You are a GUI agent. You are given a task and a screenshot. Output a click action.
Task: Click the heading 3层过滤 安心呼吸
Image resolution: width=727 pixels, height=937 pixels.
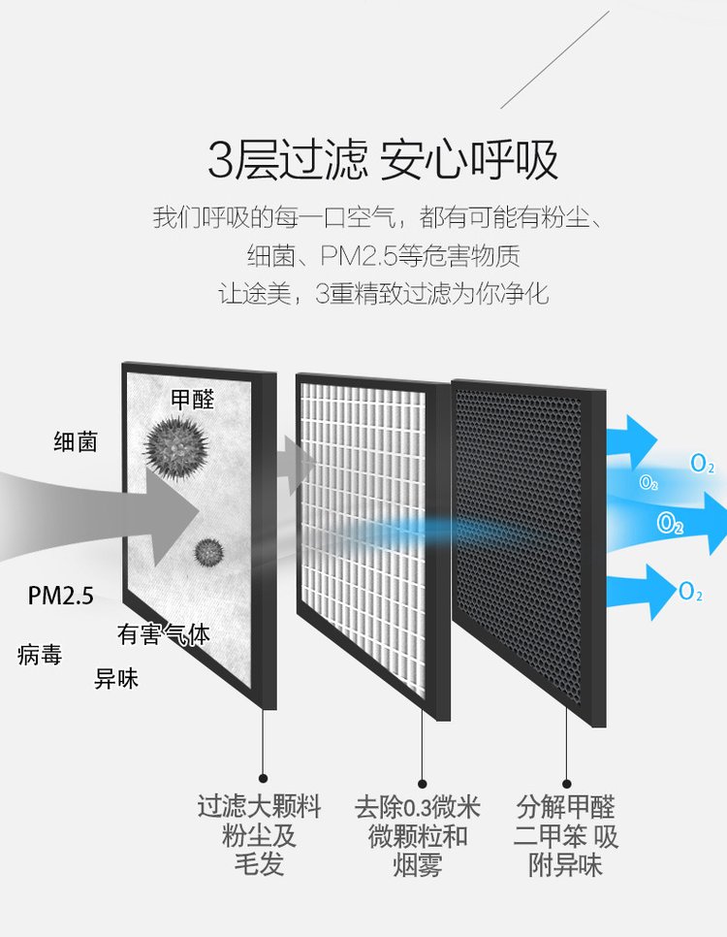[382, 160]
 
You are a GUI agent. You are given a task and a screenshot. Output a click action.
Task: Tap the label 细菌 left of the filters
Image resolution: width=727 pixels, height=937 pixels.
[76, 442]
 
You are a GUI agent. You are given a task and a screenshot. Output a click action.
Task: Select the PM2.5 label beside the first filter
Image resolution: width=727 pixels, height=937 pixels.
[61, 596]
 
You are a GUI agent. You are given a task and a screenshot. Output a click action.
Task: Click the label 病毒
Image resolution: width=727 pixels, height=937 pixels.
[40, 655]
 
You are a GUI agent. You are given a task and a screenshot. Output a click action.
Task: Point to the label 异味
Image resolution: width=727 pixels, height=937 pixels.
[116, 679]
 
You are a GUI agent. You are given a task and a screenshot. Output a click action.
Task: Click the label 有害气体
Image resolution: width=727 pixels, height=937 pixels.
[164, 634]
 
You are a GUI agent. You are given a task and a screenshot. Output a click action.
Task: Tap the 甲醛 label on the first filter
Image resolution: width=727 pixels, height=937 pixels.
[192, 400]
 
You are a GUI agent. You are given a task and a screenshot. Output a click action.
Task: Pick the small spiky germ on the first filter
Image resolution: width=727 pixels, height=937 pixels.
[208, 552]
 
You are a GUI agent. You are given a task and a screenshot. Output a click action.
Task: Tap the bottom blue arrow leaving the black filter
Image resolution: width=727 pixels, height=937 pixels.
[638, 591]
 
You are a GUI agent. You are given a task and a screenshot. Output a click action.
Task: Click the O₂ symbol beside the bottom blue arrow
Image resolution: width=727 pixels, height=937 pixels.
[690, 592]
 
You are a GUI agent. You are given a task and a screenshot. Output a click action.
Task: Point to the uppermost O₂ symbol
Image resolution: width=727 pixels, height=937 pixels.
[702, 463]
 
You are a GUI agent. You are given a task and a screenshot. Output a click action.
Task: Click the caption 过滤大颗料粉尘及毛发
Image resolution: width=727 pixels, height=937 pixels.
[259, 835]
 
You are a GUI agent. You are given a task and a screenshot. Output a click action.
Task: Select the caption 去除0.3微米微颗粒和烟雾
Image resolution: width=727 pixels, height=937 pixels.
[418, 836]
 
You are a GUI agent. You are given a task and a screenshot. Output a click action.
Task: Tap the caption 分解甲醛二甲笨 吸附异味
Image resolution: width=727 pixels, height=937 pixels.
[566, 836]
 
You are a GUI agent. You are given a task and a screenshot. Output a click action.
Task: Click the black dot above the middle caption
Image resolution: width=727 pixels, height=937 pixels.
[423, 784]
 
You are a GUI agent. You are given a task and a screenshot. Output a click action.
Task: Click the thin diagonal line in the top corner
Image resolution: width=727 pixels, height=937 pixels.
[555, 59]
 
